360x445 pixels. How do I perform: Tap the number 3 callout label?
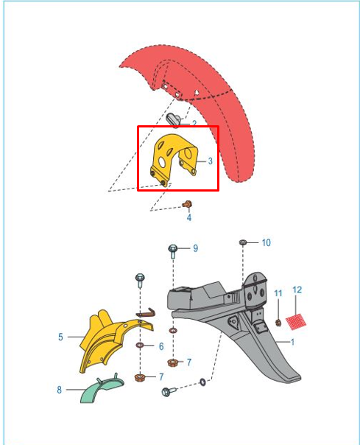(211, 161)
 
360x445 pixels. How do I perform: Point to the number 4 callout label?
(189, 217)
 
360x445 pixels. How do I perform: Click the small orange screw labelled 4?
(187, 204)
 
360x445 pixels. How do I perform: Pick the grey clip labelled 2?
(173, 119)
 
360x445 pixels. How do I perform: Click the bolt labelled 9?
(172, 251)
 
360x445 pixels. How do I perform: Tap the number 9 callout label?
(196, 248)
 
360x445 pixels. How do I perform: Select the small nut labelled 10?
(242, 242)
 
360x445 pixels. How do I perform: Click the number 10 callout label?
(266, 242)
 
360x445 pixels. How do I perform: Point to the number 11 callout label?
(278, 293)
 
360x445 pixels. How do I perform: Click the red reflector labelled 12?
(296, 321)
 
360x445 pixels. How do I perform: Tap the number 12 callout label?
(297, 290)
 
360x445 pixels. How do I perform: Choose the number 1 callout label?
(292, 342)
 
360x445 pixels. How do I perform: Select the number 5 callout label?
(60, 337)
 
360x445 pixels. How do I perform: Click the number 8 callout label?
(59, 390)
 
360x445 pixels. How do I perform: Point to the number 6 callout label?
(161, 346)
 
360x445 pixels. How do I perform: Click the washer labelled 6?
(140, 345)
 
